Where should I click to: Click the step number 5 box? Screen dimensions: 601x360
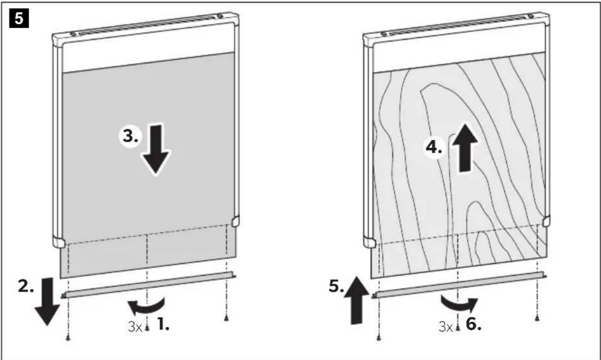(19, 18)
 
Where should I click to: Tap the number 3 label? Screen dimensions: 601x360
(131, 136)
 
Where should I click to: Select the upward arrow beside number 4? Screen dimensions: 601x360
(465, 148)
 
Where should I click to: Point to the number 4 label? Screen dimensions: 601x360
(434, 148)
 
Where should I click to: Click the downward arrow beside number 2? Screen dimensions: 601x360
(47, 301)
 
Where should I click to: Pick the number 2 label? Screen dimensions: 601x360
(26, 286)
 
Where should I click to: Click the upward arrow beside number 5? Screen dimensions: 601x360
(356, 300)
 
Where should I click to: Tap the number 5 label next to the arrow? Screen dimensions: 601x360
(336, 286)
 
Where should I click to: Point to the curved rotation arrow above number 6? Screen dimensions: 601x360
(459, 306)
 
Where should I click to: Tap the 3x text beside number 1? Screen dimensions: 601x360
(135, 327)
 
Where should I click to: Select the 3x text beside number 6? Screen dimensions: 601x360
(445, 327)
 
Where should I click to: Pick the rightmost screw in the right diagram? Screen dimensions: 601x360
(537, 318)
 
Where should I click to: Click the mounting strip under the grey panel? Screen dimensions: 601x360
(148, 285)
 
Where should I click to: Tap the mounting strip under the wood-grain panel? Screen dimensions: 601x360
(459, 285)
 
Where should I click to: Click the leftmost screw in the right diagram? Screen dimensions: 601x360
(378, 338)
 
